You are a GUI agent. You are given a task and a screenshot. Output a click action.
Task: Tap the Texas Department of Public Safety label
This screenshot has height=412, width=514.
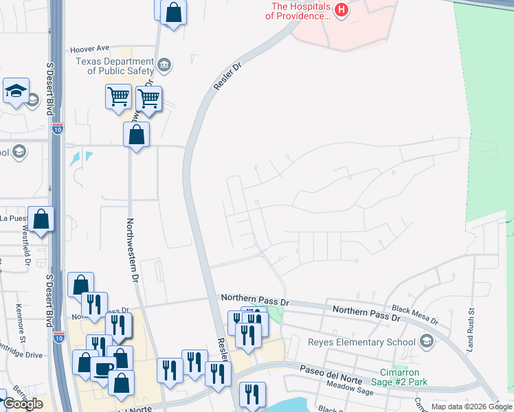[115, 66]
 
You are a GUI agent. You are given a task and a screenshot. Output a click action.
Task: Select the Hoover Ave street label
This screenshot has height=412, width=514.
[90, 49]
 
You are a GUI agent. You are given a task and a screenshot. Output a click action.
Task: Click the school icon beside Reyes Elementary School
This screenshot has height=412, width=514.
[427, 341]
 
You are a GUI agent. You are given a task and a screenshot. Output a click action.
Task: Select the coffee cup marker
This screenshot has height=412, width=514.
[103, 369]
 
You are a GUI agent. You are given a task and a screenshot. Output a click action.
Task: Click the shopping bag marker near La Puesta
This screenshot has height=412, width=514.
[41, 220]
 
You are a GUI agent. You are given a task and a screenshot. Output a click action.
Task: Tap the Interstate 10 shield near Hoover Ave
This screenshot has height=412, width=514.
[57, 128]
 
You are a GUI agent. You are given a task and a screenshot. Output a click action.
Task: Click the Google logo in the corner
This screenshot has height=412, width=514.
[23, 404]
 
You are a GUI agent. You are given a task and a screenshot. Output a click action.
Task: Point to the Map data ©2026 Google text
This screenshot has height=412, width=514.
[471, 407]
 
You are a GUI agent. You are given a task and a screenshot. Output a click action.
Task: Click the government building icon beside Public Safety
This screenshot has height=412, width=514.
[164, 66]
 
